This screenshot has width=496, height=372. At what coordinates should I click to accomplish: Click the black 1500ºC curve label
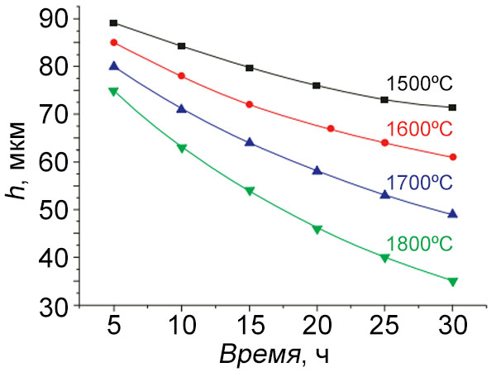tap(419, 83)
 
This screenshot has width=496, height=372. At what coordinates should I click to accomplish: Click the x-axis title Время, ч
tap(276, 356)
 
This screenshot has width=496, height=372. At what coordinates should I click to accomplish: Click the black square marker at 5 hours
tap(114, 23)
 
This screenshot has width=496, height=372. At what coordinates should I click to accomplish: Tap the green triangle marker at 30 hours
tap(452, 282)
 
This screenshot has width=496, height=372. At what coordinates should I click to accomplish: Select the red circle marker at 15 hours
tap(249, 104)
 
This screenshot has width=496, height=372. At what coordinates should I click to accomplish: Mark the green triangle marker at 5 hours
tap(114, 91)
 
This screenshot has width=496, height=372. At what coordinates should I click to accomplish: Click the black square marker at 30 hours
tap(452, 107)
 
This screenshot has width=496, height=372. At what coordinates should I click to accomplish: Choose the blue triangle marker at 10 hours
tap(182, 108)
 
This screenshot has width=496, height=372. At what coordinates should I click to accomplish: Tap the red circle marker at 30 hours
tap(452, 157)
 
